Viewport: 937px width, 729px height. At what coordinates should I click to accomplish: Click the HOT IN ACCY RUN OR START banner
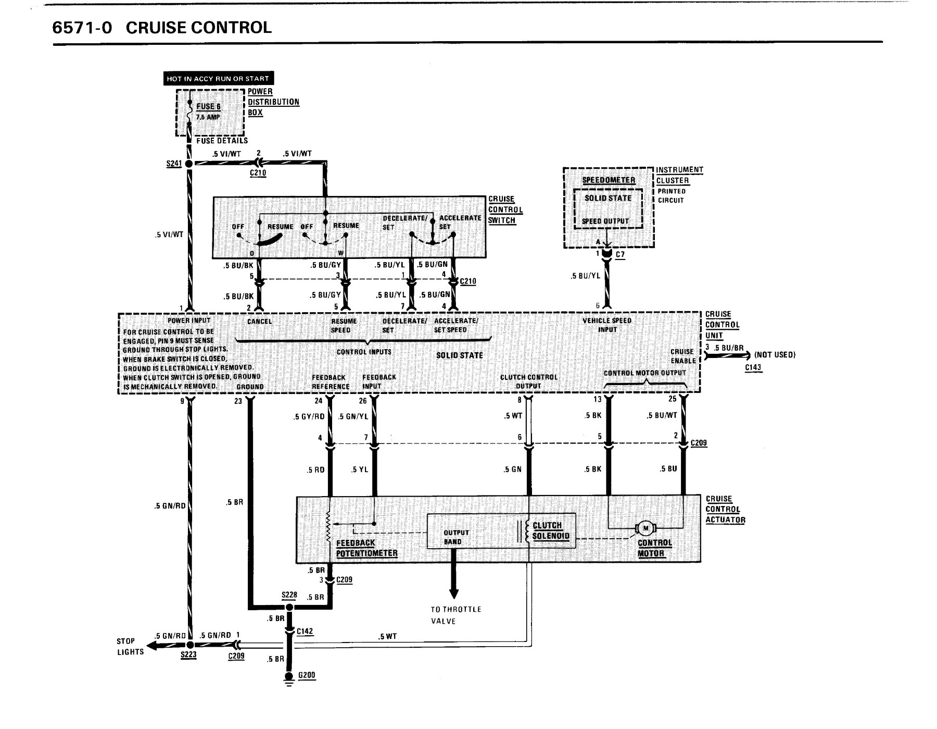pyautogui.click(x=218, y=79)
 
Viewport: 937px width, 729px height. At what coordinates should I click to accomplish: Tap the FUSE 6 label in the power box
pyautogui.click(x=208, y=106)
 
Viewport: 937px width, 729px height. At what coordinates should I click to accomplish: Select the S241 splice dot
pyautogui.click(x=189, y=164)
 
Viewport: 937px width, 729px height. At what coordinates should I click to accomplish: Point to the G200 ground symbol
pyautogui.click(x=289, y=679)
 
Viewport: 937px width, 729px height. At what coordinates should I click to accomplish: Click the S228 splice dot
pyautogui.click(x=289, y=607)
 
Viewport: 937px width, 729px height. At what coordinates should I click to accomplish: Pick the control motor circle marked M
pyautogui.click(x=646, y=529)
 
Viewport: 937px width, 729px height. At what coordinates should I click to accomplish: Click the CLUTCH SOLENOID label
pyautogui.click(x=551, y=531)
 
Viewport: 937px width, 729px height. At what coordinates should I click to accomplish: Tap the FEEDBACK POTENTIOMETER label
pyautogui.click(x=366, y=548)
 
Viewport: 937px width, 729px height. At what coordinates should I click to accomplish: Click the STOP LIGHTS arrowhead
pyautogui.click(x=152, y=647)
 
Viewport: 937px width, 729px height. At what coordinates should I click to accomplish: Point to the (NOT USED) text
pyautogui.click(x=775, y=355)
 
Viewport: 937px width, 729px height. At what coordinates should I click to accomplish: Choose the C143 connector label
pyautogui.click(x=753, y=367)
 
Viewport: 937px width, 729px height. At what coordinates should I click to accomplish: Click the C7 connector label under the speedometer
pyautogui.click(x=620, y=255)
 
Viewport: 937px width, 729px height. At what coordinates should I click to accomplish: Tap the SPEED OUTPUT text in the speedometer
pyautogui.click(x=605, y=221)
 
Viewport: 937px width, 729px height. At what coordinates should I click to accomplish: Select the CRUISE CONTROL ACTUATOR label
pyautogui.click(x=725, y=510)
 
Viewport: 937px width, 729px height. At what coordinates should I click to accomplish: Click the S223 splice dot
pyautogui.click(x=189, y=645)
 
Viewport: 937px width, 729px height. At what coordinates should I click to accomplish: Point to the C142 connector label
pyautogui.click(x=305, y=632)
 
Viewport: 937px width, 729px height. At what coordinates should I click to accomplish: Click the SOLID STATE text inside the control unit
pyautogui.click(x=460, y=355)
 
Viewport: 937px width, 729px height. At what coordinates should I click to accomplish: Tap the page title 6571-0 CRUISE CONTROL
pyautogui.click(x=162, y=27)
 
